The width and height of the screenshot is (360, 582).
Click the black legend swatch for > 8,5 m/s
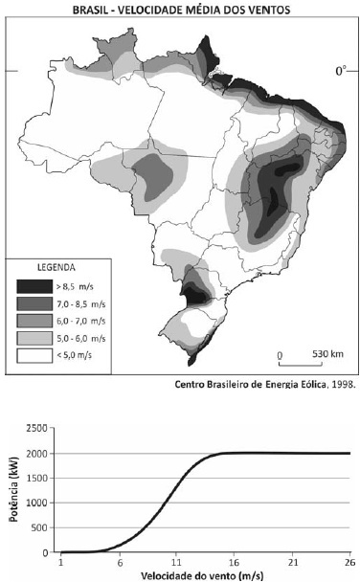[x=34, y=286]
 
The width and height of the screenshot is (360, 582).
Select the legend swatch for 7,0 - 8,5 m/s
[x=34, y=304]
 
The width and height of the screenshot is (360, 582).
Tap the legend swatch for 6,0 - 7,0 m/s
[x=34, y=321]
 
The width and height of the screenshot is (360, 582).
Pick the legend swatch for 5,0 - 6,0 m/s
[x=34, y=338]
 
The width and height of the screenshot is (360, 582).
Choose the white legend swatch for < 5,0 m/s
[x=34, y=355]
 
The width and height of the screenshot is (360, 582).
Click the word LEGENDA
[x=56, y=267]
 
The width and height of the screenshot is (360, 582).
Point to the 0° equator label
[x=341, y=71]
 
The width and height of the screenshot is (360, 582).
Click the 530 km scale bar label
[x=327, y=354]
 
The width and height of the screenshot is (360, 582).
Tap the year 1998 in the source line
[x=344, y=384]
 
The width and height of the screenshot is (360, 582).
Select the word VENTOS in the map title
[x=270, y=10]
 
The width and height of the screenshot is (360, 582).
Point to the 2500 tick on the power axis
[x=37, y=428]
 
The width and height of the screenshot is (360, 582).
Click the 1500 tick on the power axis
[x=37, y=478]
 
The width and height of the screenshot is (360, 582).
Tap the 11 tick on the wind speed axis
[x=176, y=562]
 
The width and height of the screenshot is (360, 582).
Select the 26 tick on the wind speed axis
[x=350, y=562]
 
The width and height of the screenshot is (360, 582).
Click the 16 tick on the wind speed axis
[x=235, y=562]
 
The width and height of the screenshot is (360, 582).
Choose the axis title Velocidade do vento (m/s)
[x=203, y=575]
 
